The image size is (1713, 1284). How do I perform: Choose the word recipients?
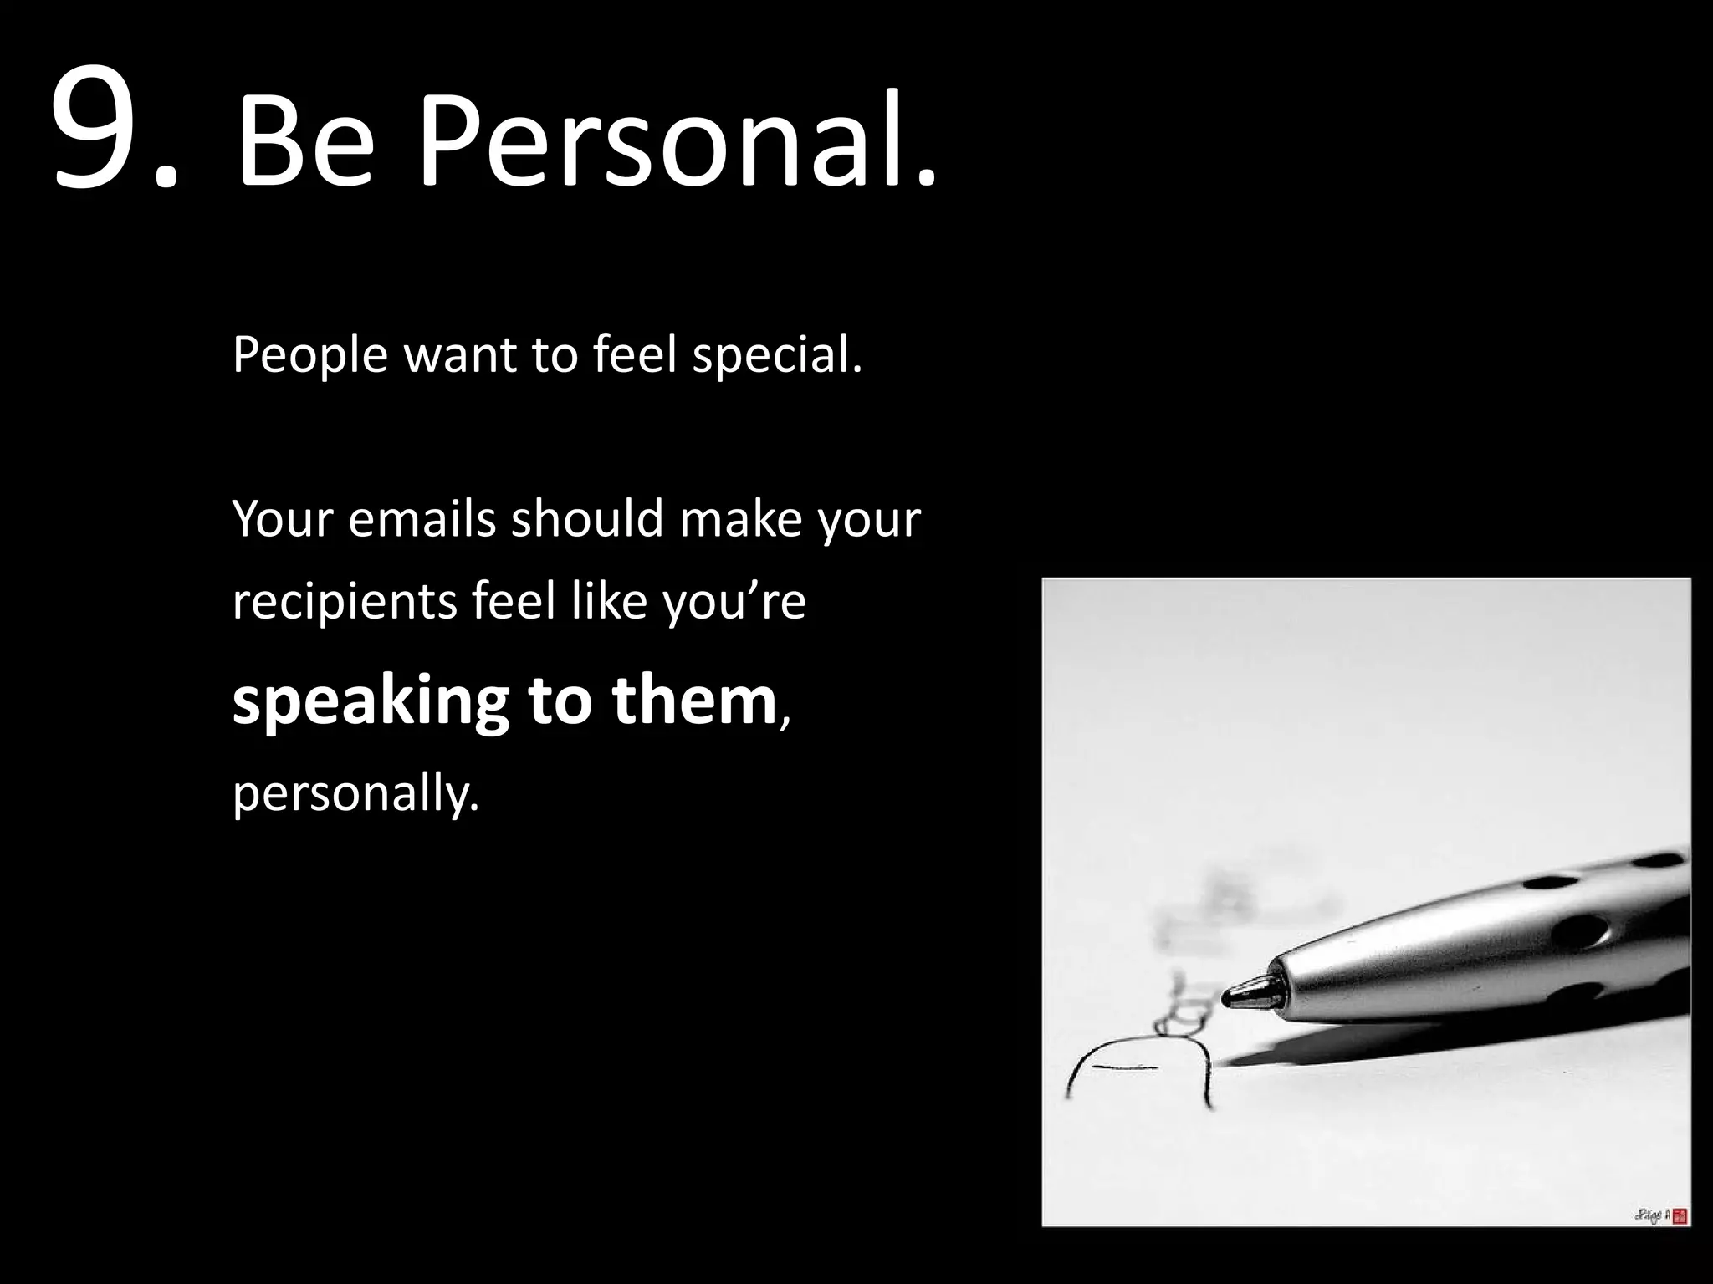(345, 602)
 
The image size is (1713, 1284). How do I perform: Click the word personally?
(356, 792)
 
